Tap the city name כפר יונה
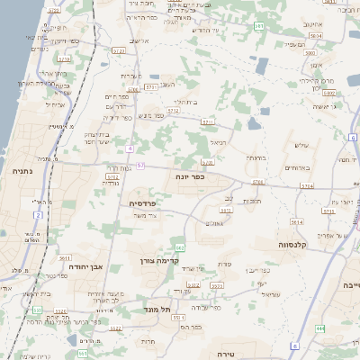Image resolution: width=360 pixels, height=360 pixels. [191, 177]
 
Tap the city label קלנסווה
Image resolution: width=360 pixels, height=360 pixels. [294, 244]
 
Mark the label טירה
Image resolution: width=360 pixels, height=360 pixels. [251, 354]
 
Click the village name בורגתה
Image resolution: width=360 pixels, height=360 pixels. [256, 158]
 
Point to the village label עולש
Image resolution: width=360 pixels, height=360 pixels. [302, 146]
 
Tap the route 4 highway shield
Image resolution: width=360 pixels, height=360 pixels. [130, 147]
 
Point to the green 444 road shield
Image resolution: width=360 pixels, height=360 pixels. [320, 328]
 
